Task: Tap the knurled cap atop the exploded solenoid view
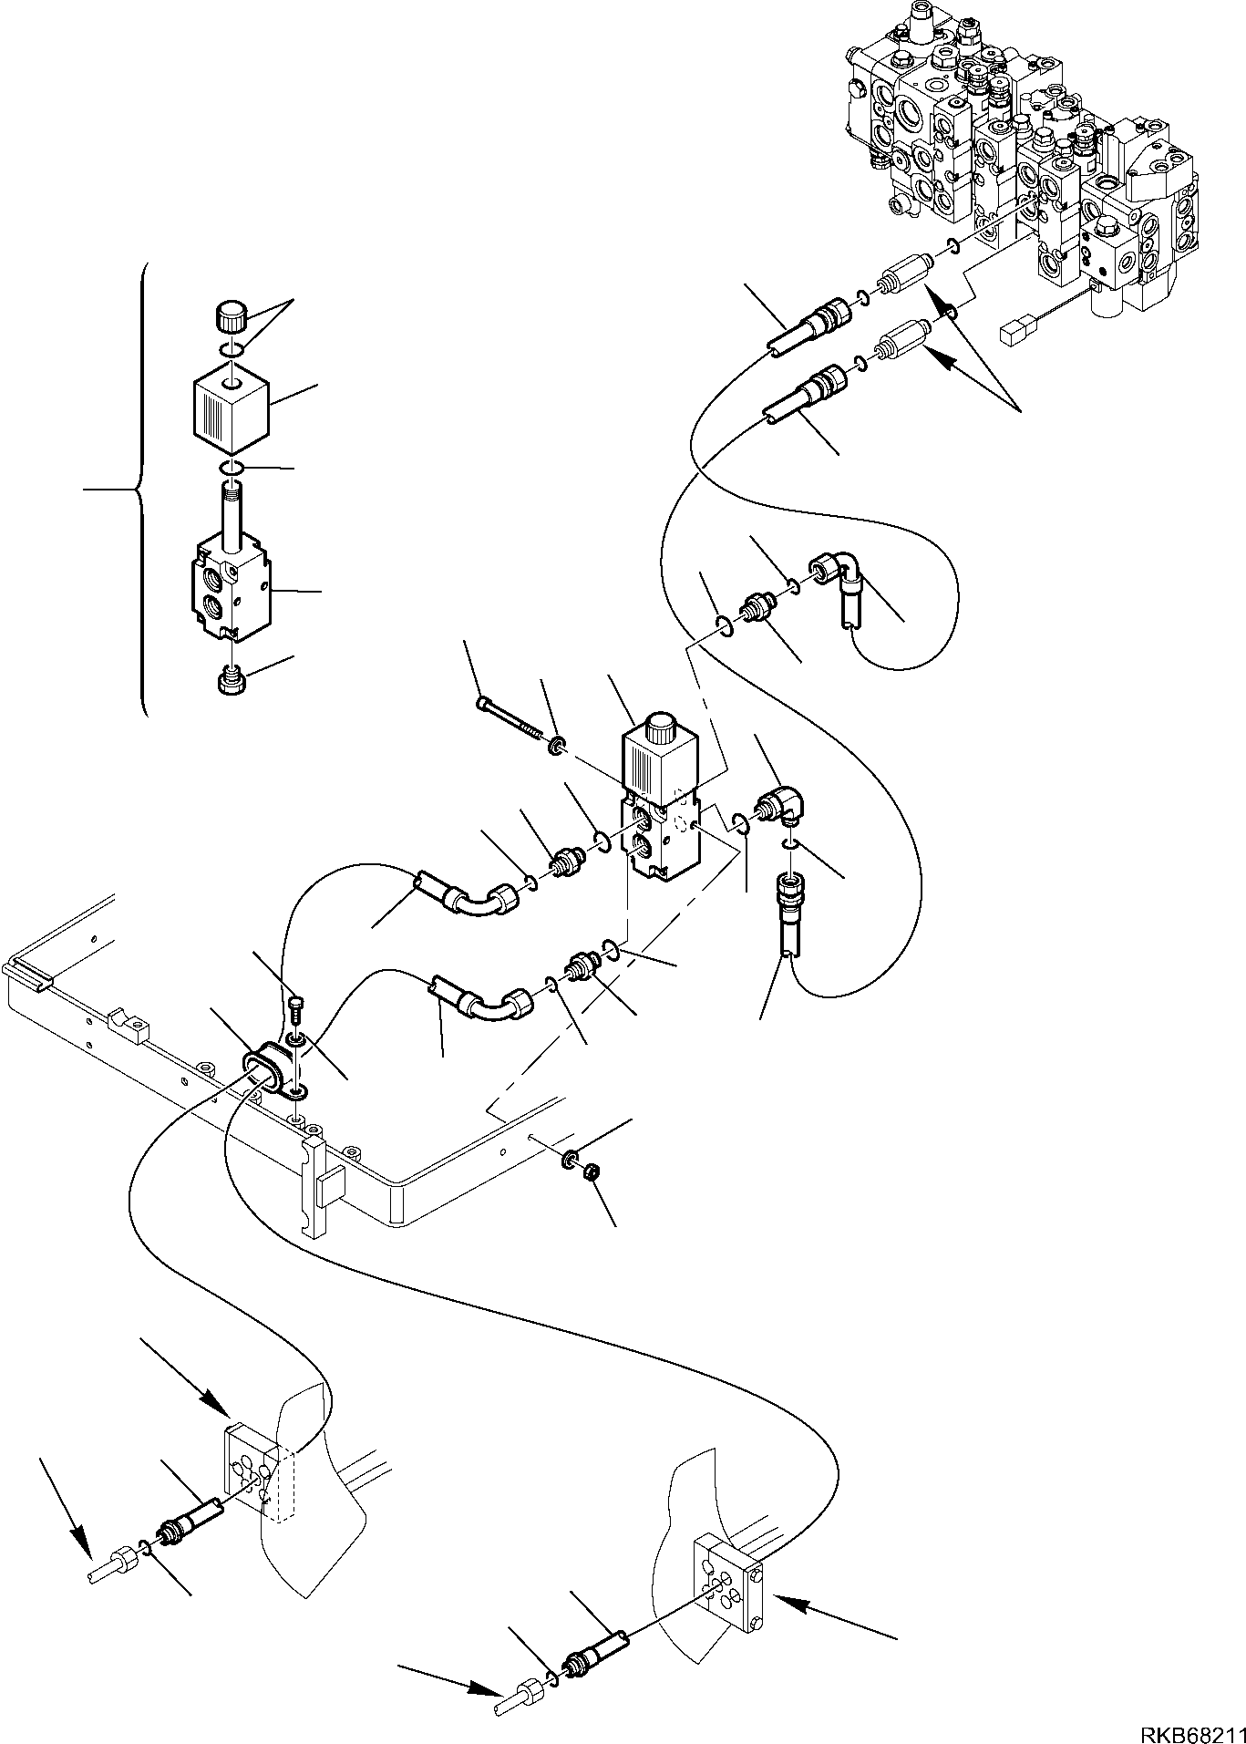click(227, 320)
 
